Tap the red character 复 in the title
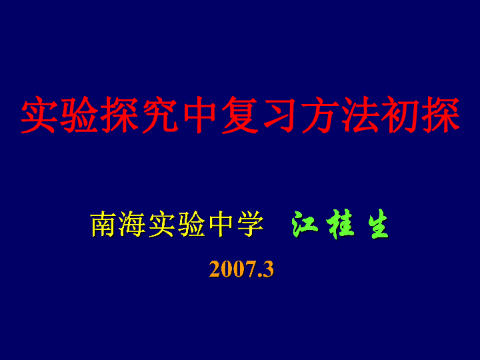pyautogui.click(x=240, y=115)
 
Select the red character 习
pyautogui.click(x=279, y=115)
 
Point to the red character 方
pyautogui.click(x=320, y=115)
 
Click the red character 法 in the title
pyautogui.click(x=360, y=115)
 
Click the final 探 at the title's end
pyautogui.click(x=441, y=115)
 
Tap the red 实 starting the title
pyautogui.click(x=39, y=115)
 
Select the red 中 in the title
pyautogui.click(x=200, y=115)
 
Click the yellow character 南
pyautogui.click(x=103, y=225)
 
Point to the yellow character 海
pyautogui.click(x=132, y=225)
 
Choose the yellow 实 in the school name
pyautogui.click(x=161, y=225)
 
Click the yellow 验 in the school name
pyautogui.click(x=191, y=225)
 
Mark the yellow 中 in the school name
pyautogui.click(x=221, y=225)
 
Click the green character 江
pyautogui.click(x=305, y=225)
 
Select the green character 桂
pyautogui.click(x=340, y=225)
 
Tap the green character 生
pyautogui.click(x=379, y=225)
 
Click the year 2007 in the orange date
pyautogui.click(x=233, y=269)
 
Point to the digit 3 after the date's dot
pyautogui.click(x=269, y=269)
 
